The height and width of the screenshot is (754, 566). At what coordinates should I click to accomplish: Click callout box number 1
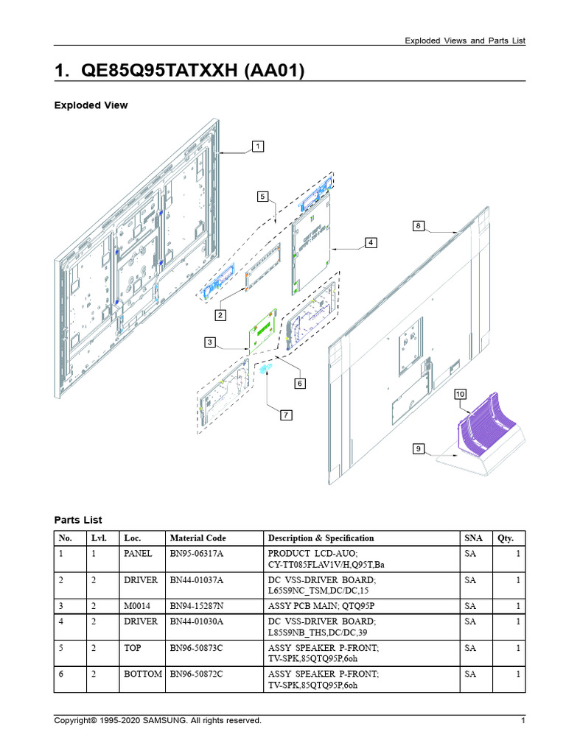click(x=257, y=147)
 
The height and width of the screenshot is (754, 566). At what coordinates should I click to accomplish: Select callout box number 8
click(x=418, y=226)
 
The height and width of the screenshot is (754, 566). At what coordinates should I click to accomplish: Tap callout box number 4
click(x=371, y=242)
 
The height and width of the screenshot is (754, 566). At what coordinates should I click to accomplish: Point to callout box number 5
click(x=262, y=196)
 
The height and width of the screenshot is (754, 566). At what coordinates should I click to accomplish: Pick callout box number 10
click(x=461, y=395)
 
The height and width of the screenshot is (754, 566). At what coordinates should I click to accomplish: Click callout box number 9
click(x=418, y=448)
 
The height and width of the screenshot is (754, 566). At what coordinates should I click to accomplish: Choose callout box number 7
click(x=285, y=415)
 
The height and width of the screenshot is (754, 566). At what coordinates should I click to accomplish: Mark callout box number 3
click(x=211, y=342)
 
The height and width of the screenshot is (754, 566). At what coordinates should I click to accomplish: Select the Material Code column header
click(x=198, y=538)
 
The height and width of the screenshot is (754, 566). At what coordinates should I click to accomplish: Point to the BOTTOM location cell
click(x=143, y=674)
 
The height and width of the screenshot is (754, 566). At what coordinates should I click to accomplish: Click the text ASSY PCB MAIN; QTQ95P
click(x=321, y=606)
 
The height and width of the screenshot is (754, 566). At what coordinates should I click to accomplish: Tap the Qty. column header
click(x=505, y=538)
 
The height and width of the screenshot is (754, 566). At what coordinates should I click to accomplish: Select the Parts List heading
click(x=78, y=520)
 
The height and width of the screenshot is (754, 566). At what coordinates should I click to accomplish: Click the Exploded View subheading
click(x=91, y=105)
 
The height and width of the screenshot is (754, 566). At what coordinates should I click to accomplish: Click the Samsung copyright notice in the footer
click(x=158, y=720)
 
